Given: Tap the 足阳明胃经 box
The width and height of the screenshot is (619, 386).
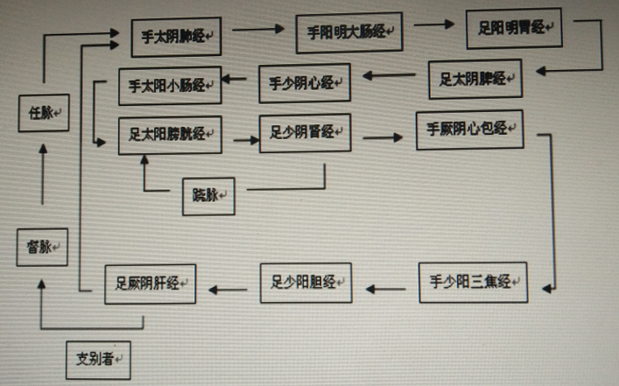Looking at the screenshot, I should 514,28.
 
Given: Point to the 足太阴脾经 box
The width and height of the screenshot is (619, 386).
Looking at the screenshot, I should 475,79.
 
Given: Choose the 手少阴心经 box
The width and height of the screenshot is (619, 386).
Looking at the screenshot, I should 305,84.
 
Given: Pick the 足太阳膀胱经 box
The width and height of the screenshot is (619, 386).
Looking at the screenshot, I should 169,135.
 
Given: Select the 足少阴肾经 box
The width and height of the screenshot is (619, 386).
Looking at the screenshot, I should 304,133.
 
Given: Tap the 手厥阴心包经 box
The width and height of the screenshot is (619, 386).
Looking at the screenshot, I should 469,130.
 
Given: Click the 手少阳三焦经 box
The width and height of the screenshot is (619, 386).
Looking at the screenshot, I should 473,282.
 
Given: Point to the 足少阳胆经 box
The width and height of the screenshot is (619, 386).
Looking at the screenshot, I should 305,282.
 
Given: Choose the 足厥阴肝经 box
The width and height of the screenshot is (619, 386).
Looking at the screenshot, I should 149,284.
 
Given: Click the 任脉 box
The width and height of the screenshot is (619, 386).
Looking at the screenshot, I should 43,113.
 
